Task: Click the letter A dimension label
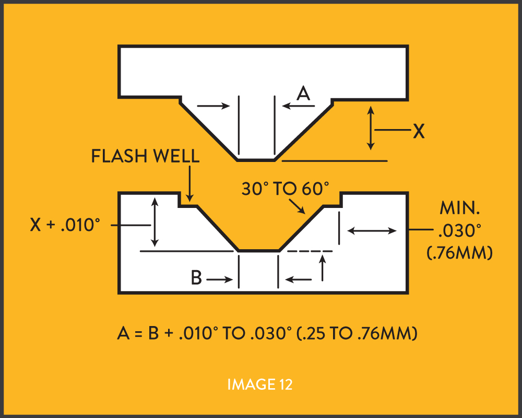coord(303,94)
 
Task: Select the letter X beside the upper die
coord(419,131)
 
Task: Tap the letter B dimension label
coord(196,278)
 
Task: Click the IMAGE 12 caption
coord(260,385)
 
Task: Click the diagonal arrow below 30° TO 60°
coord(298,207)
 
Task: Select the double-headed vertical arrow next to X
coord(371,127)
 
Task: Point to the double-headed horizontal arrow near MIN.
coord(372,230)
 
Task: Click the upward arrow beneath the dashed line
coord(323,269)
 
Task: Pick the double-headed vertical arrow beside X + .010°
coord(154,222)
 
